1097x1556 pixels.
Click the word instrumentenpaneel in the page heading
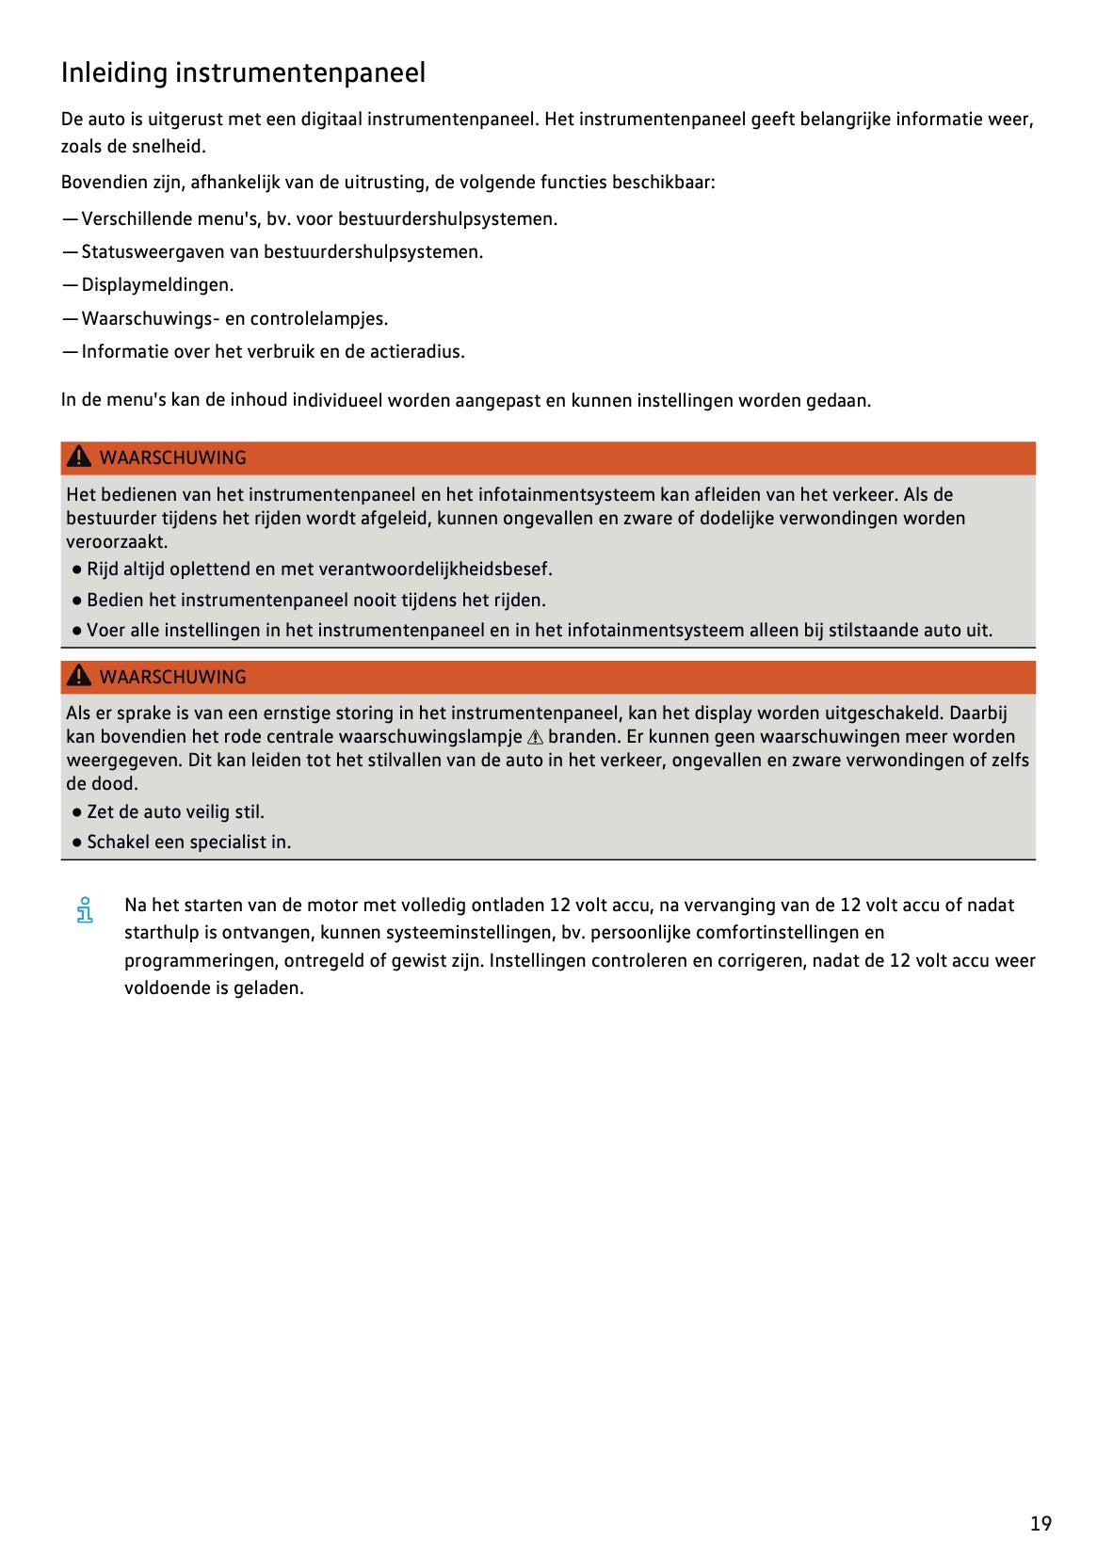click(300, 72)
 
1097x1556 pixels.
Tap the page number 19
click(1040, 1522)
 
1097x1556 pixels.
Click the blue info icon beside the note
click(85, 909)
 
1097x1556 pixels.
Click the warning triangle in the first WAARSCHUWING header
click(79, 457)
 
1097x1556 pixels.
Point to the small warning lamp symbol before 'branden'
click(535, 737)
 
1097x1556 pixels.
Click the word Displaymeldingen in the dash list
click(156, 284)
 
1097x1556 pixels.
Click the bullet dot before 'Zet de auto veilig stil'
click(77, 811)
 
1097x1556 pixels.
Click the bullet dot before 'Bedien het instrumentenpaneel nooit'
click(77, 600)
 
